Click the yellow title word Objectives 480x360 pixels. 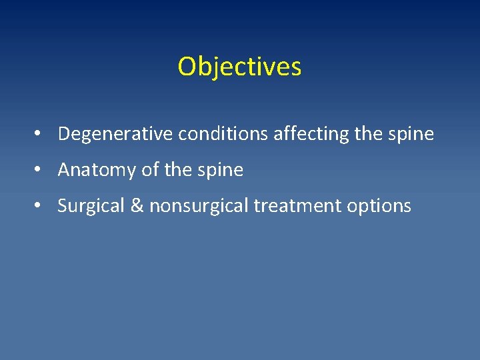pos(239,67)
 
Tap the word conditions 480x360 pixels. pos(223,134)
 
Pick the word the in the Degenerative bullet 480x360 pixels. pos(368,134)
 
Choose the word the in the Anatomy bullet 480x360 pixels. pos(177,170)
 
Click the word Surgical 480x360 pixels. pos(89,207)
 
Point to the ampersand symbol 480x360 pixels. pos(136,207)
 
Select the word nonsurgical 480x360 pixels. pos(199,207)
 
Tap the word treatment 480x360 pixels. pos(297,207)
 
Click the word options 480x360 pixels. pos(379,207)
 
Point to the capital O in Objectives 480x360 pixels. pos(187,67)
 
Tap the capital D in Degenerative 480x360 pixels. pos(64,134)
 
